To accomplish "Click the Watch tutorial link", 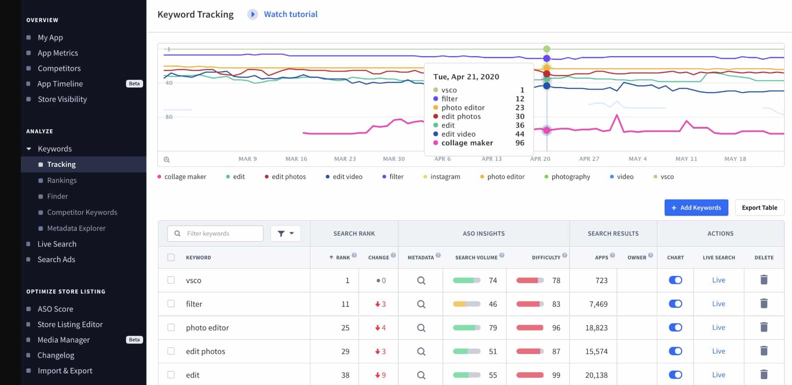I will [290, 14].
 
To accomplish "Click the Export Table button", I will [759, 208].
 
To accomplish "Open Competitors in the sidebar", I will [59, 68].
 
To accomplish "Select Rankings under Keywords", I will [62, 180].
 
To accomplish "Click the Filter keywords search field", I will [221, 233].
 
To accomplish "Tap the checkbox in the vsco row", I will [171, 280].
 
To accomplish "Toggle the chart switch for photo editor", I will [675, 328].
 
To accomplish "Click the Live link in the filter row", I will [719, 304].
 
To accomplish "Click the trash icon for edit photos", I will [764, 351].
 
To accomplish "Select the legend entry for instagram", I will [445, 177].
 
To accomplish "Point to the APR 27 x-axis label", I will [589, 159].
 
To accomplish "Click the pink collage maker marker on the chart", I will [547, 130].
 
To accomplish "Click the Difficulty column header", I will [546, 258].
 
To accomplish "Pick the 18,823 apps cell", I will [596, 328].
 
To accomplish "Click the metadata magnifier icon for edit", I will [421, 375].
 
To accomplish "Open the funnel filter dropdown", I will [285, 233].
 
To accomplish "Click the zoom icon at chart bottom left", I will [167, 160].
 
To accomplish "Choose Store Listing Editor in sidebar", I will [70, 324].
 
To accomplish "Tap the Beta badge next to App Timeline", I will [134, 84].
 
